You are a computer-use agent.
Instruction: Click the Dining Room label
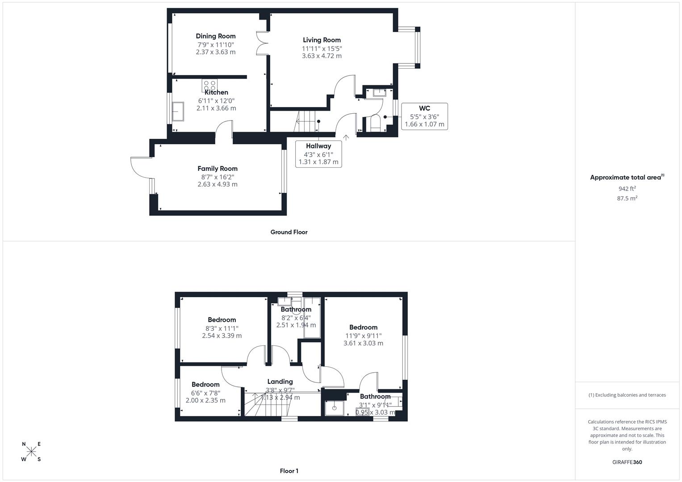[216, 36]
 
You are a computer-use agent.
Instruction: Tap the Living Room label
[322, 40]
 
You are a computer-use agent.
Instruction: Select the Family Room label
[218, 169]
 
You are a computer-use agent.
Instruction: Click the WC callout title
[424, 108]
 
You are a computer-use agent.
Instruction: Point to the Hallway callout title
[318, 146]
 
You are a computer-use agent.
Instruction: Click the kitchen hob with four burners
[209, 85]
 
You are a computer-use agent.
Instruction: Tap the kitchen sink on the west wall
[178, 111]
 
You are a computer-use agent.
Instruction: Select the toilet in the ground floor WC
[375, 123]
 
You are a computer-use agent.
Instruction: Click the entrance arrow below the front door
[346, 137]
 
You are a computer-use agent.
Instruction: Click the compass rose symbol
[31, 452]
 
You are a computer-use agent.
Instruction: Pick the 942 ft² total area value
[627, 189]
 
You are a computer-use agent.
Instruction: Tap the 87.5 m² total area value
[627, 199]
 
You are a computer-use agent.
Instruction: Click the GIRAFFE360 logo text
[627, 462]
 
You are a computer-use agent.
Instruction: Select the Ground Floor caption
[289, 232]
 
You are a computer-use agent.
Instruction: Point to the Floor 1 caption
[289, 471]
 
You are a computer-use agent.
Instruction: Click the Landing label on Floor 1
[280, 382]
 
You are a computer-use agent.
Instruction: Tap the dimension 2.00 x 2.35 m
[205, 401]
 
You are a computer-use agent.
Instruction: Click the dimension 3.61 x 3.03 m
[363, 343]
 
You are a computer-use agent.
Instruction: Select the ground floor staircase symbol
[307, 121]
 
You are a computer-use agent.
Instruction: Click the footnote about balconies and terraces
[627, 395]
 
